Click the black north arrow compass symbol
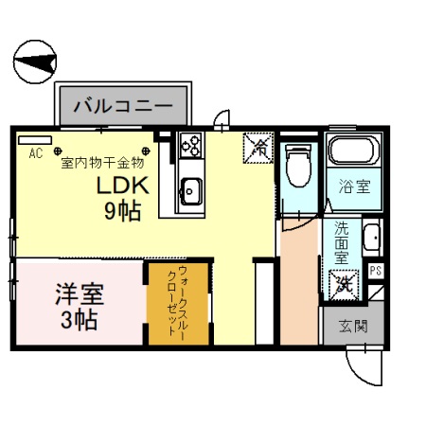coord(36,63)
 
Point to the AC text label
coord(35,152)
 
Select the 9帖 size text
coord(123,210)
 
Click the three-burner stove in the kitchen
coord(190,146)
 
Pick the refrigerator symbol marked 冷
coord(257,146)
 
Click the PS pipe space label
coord(376,271)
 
